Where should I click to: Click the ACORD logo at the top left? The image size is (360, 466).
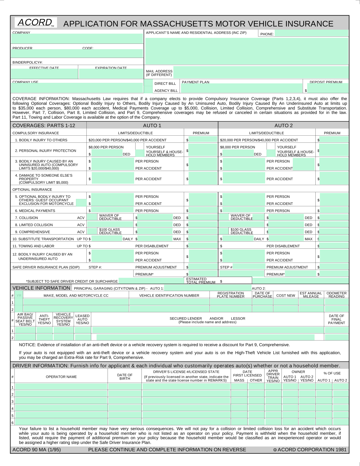click(36, 23)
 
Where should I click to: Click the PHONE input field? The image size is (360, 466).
click(311, 34)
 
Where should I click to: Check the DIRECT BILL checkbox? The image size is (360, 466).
click(148, 83)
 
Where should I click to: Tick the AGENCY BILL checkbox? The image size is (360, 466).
click(148, 90)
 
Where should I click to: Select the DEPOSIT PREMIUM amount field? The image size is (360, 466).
click(328, 88)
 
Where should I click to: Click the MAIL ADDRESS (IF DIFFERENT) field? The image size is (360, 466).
click(261, 73)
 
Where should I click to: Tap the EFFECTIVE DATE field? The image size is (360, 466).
click(44, 74)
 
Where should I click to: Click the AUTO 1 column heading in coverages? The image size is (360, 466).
click(152, 125)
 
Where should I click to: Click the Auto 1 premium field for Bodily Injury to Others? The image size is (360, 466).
click(203, 140)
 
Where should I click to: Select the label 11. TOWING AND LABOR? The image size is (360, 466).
click(33, 246)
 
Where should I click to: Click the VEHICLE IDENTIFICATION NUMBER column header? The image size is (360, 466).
click(169, 296)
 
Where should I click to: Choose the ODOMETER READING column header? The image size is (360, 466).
click(336, 295)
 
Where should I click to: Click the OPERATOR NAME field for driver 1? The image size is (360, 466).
click(61, 387)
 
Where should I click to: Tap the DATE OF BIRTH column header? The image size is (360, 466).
click(125, 377)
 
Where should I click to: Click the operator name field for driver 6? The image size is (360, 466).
click(61, 422)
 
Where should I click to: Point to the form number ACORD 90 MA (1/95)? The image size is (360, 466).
click(37, 450)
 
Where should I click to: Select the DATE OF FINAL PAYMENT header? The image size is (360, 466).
click(336, 319)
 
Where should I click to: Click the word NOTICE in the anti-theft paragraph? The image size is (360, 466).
click(27, 345)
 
